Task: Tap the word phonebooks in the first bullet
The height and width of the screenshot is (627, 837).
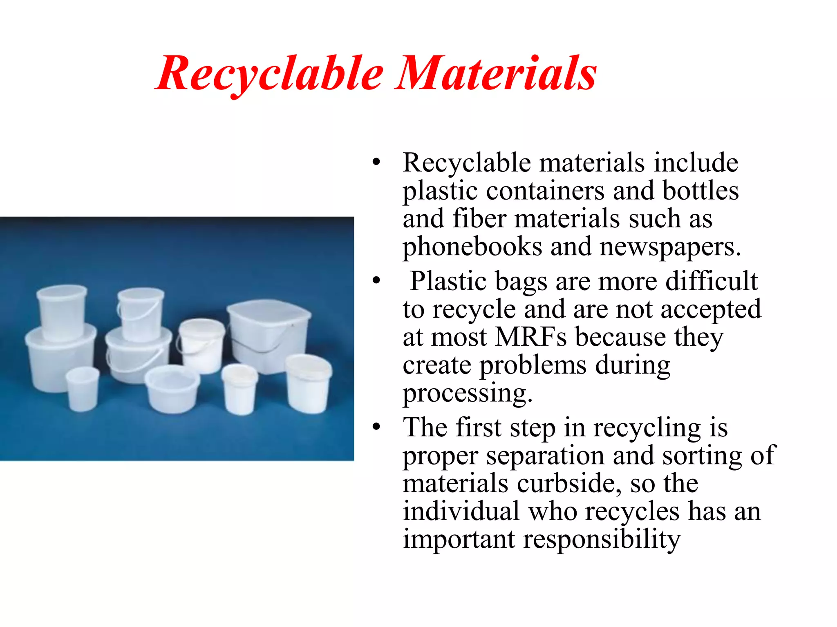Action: tap(472, 247)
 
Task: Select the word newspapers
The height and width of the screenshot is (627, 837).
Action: tap(670, 247)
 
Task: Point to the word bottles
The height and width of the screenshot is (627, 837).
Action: tap(700, 191)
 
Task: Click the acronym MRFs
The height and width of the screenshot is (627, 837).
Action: tap(531, 337)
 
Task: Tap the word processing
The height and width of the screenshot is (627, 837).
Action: tap(467, 394)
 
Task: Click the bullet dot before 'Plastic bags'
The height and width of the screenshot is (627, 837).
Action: tap(376, 281)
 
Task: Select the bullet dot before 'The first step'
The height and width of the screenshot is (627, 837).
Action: tap(376, 427)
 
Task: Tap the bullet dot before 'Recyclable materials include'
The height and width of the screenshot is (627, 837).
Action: tap(376, 162)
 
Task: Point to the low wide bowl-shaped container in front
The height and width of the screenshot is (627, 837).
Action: tap(172, 388)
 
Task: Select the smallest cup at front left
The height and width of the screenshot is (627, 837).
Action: tap(83, 388)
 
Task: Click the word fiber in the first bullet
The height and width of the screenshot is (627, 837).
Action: tap(479, 219)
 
